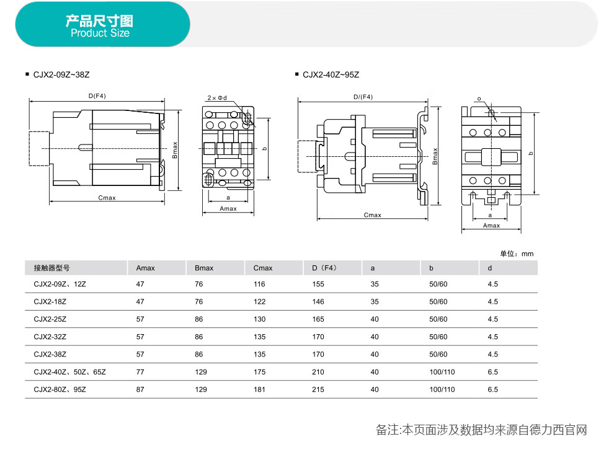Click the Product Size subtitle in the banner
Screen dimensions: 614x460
coord(100,33)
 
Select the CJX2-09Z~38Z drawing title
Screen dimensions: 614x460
coord(61,75)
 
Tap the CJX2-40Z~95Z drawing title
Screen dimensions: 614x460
coord(331,75)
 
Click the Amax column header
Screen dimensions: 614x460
coord(145,268)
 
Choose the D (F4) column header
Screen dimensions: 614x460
coord(324,268)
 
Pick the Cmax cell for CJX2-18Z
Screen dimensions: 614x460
coord(259,302)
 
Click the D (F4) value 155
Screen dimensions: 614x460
coord(318,284)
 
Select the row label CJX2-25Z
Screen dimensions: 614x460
coord(50,319)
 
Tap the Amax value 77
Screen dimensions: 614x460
coord(140,372)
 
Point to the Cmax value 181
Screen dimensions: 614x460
coord(259,389)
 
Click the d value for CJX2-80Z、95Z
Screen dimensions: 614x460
coord(492,389)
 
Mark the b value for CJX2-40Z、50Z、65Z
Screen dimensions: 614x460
coord(442,372)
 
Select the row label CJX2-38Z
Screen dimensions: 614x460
coord(50,354)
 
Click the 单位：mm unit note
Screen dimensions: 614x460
coord(517,254)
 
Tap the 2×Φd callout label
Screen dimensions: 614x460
coord(217,98)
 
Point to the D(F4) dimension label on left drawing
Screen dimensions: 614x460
coord(97,96)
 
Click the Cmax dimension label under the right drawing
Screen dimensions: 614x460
coord(372,215)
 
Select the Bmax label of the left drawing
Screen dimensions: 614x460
coord(175,150)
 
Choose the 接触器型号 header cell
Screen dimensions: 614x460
coord(51,268)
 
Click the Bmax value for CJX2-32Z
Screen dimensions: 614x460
coord(199,337)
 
